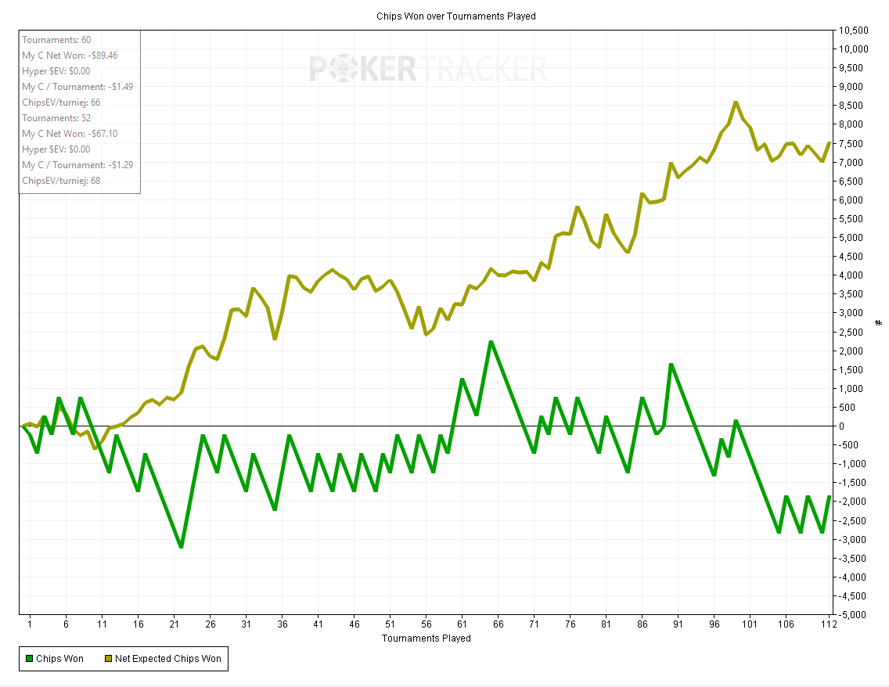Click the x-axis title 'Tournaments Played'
coord(427,638)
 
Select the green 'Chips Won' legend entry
coord(54,659)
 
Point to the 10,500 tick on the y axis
coord(853,31)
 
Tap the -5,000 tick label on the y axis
coord(852,614)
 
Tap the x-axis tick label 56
coord(427,624)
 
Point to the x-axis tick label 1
coord(30,624)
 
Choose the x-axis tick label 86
coord(642,624)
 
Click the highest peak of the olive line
coord(736,103)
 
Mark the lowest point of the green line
coord(181,546)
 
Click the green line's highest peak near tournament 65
coord(491,342)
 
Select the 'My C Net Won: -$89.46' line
coord(70,56)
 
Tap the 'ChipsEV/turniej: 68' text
coord(61,181)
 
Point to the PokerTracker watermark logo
coord(427,69)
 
